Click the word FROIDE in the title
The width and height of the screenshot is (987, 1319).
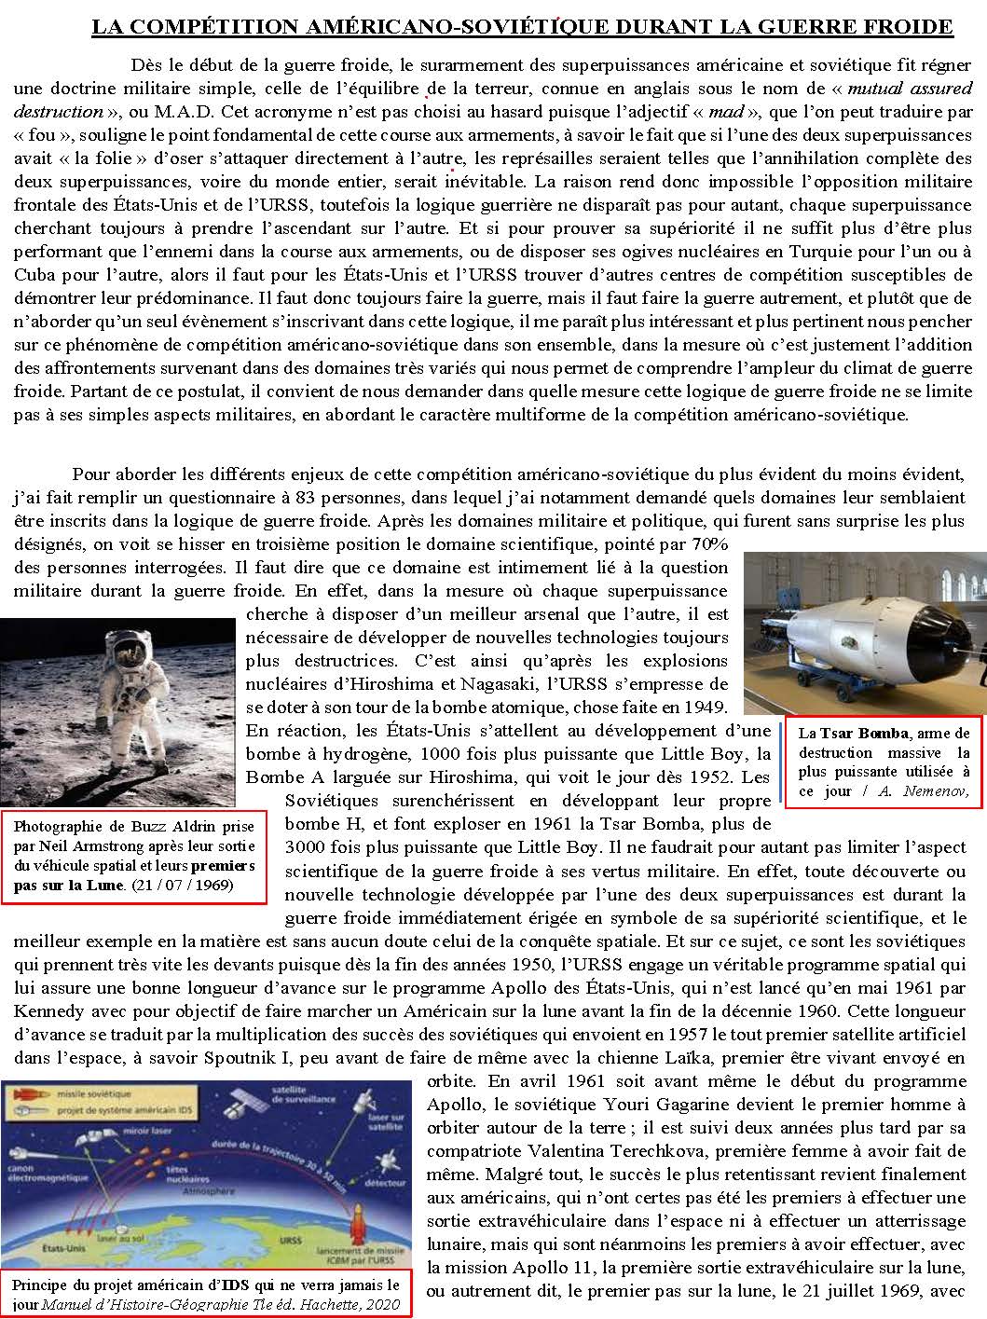[x=909, y=27]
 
